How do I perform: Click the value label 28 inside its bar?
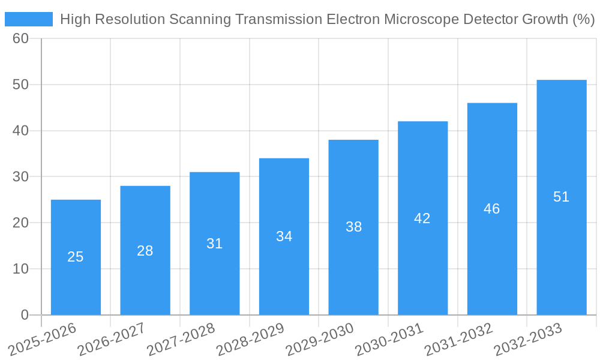click(145, 251)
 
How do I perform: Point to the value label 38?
click(353, 227)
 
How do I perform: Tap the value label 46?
click(492, 209)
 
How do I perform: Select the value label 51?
click(561, 197)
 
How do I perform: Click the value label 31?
click(214, 244)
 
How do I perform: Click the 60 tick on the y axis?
click(21, 38)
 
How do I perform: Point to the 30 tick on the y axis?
click(21, 176)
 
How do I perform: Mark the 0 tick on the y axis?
click(25, 314)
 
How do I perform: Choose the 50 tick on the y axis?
click(21, 85)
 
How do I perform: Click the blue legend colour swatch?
click(29, 19)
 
